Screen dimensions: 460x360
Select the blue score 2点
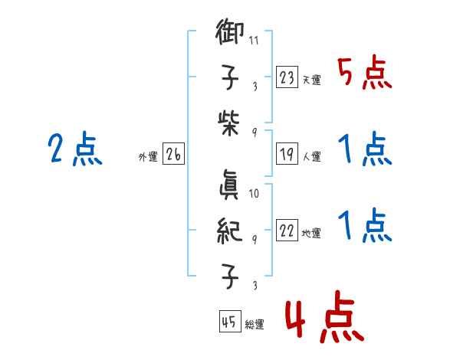tap(74, 150)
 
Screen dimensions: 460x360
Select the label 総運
tap(255, 325)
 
